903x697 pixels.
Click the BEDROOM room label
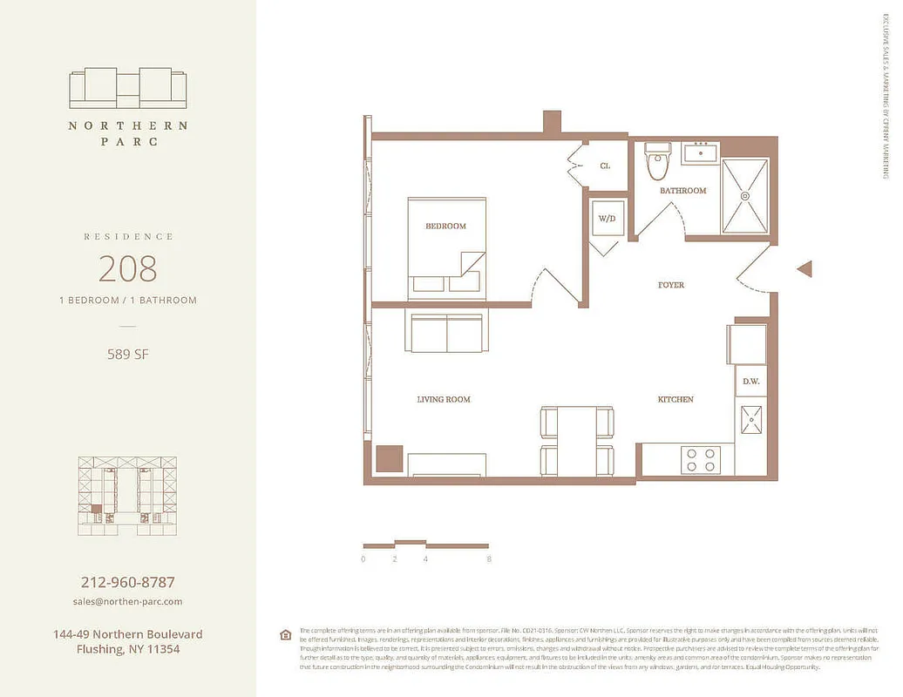coord(445,226)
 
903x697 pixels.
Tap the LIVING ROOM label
coord(444,399)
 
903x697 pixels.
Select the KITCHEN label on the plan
coord(676,399)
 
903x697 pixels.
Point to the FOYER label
coord(670,285)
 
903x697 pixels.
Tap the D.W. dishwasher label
coord(750,381)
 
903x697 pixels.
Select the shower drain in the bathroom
coord(745,197)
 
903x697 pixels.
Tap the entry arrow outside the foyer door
coord(805,269)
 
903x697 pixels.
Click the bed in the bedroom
coord(446,248)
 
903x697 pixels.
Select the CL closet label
coord(605,166)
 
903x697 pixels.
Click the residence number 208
coord(127,268)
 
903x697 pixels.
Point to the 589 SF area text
coord(127,354)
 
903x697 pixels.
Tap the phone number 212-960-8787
coord(127,582)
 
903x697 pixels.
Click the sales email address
coord(127,601)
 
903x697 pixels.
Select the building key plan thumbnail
coord(127,495)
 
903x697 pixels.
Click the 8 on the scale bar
coord(490,559)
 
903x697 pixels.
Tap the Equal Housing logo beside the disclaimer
coord(285,634)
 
